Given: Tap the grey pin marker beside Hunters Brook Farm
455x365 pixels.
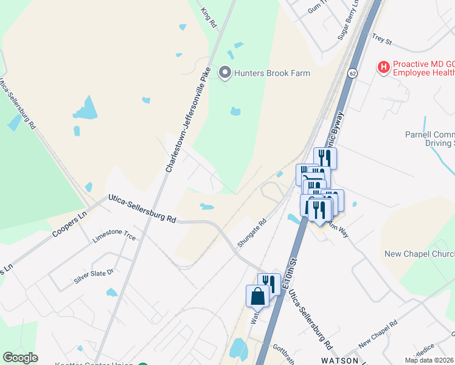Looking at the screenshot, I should pyautogui.click(x=225, y=73).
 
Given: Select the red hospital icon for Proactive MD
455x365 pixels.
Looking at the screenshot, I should pyautogui.click(x=383, y=68).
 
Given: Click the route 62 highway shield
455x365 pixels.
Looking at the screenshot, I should pyautogui.click(x=353, y=73).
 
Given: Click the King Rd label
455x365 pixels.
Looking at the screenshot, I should pyautogui.click(x=209, y=18).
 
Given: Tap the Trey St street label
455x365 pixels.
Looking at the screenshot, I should pyautogui.click(x=382, y=40).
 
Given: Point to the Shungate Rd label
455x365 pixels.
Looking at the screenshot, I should pyautogui.click(x=252, y=234).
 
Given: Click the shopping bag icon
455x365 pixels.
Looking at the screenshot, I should pyautogui.click(x=257, y=296).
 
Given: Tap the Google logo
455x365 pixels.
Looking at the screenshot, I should pyautogui.click(x=20, y=358).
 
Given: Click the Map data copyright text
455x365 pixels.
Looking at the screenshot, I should pyautogui.click(x=429, y=360).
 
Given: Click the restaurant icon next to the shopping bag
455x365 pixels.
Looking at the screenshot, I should pyautogui.click(x=268, y=284).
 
